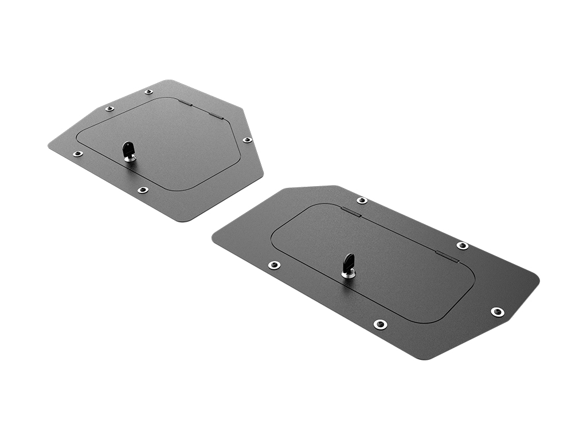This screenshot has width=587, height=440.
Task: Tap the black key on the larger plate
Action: (349, 263)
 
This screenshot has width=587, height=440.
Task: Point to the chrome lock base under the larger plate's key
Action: (348, 274)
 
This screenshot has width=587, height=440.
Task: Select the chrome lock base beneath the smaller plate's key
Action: (130, 158)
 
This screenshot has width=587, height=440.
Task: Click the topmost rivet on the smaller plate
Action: (148, 92)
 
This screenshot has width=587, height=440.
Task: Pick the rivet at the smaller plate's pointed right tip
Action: (247, 140)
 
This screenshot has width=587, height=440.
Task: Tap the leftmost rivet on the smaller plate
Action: (77, 154)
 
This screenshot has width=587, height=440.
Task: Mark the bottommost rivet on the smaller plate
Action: (143, 190)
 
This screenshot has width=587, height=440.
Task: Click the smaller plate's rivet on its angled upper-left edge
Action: (109, 108)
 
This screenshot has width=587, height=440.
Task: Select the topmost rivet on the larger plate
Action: (362, 201)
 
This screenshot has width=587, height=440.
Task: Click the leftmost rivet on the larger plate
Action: (275, 265)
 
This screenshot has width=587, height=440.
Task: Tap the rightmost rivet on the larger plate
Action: (498, 312)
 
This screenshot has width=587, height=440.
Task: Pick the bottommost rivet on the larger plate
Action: (380, 324)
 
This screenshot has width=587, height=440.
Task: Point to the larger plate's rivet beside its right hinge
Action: (463, 246)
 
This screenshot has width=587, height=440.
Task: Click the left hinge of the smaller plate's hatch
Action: (185, 103)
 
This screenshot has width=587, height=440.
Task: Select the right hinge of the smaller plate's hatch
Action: (215, 115)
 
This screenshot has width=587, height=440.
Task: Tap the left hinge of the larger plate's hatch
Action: (351, 213)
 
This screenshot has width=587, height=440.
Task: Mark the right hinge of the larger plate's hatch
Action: (447, 257)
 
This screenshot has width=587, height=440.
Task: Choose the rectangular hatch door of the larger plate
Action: (390, 269)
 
